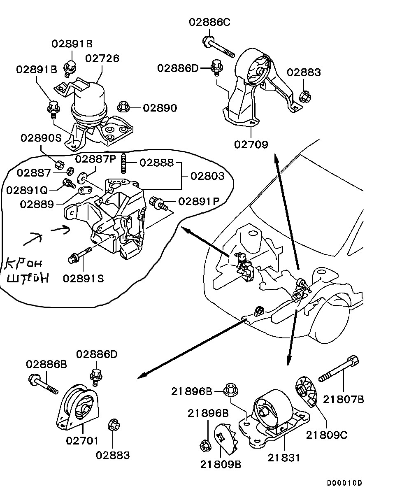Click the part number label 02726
pos(102,58)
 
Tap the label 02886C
pos(209,22)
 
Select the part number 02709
pos(251,144)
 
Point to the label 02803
pos(208,176)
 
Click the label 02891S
pos(83,278)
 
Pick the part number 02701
pos(82,441)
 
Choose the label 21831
pos(284,457)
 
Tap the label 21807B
pos(344,398)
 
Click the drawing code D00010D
pos(345,483)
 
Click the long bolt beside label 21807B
pos(339,370)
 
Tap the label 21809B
pos(221,464)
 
